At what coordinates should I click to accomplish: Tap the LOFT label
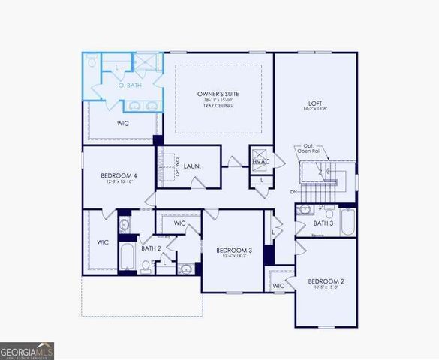315,103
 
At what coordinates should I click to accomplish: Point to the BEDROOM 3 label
233,250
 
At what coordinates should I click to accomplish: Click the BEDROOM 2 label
325,281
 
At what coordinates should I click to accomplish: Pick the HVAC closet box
260,161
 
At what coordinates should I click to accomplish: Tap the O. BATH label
130,85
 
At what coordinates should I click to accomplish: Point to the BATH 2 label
151,247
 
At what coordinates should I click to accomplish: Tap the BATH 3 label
323,223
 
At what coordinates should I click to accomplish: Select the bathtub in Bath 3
347,222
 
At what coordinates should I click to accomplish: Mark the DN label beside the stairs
293,192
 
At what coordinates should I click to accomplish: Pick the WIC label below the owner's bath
123,123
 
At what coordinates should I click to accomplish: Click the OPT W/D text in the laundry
176,167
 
